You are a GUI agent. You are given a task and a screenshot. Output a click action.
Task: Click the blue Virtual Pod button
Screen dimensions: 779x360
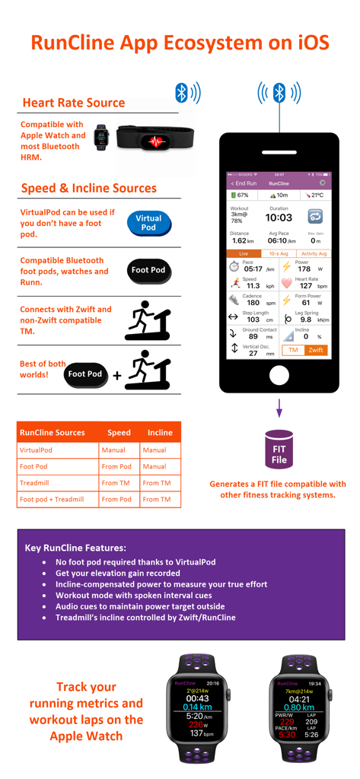coord(148,223)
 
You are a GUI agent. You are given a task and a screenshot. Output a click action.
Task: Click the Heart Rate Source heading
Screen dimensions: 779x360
coord(73,103)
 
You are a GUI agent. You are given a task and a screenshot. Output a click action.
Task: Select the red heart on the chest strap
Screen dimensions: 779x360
coord(157,141)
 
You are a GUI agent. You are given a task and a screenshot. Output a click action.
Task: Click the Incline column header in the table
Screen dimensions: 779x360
coord(160,432)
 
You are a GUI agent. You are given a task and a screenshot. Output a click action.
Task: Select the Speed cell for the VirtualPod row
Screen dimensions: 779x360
coord(113,450)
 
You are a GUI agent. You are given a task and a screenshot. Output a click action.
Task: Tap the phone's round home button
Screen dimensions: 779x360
coord(279,376)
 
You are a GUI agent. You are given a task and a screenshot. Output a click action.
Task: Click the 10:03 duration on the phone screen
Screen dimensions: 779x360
coord(279,218)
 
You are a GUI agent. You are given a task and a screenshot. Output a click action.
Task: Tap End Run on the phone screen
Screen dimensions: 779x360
coord(244,183)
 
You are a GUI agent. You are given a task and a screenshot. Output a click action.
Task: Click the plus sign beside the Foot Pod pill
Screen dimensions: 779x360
coord(117,375)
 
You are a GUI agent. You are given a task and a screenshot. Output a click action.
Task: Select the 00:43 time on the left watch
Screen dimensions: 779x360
coord(197,698)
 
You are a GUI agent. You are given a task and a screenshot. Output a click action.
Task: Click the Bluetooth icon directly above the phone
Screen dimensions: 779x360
coord(279,94)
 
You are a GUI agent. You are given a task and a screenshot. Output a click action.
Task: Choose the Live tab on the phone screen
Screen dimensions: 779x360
coord(244,253)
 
